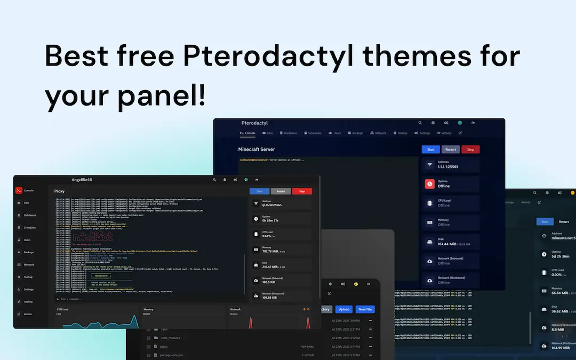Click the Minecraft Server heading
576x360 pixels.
click(x=257, y=149)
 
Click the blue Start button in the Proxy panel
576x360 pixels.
click(x=259, y=191)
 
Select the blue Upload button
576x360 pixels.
click(x=344, y=309)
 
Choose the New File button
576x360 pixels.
click(x=365, y=309)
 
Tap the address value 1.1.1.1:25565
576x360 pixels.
click(x=447, y=167)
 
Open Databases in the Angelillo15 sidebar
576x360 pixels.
click(x=30, y=215)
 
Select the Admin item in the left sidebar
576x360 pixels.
click(x=28, y=314)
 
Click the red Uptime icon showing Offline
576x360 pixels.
click(x=430, y=183)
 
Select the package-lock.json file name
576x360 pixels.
click(x=172, y=355)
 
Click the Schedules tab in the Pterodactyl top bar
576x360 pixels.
click(x=312, y=133)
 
